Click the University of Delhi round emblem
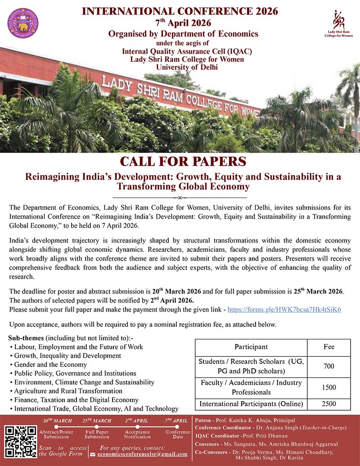pyautogui.click(x=23, y=23)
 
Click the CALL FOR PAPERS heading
pyautogui.click(x=183, y=162)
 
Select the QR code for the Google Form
pyautogui.click(x=20, y=442)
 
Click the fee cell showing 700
pyautogui.click(x=328, y=366)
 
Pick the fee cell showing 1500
pyautogui.click(x=328, y=387)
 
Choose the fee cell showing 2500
pyautogui.click(x=328, y=404)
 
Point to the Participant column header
pyautogui.click(x=251, y=347)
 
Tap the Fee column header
pyautogui.click(x=328, y=347)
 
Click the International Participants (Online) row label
pyautogui.click(x=251, y=404)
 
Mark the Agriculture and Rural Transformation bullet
pyautogui.click(x=68, y=391)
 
